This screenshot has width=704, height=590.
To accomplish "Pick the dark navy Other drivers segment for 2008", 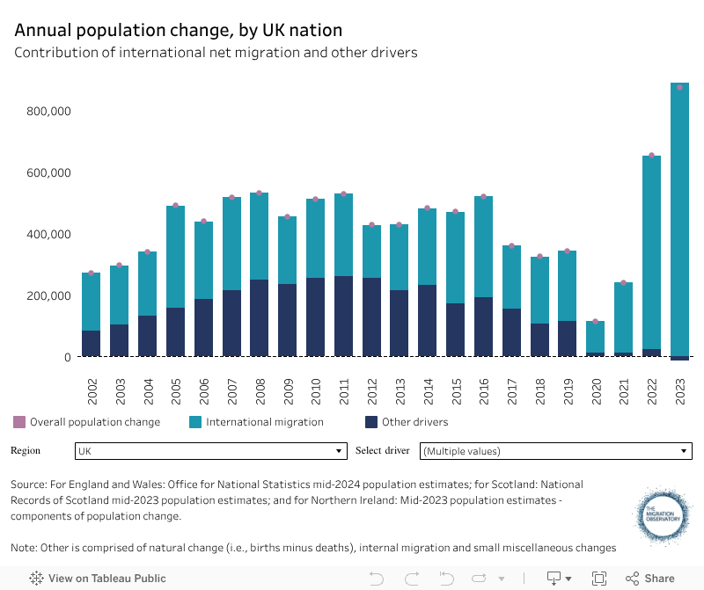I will pyautogui.click(x=259, y=318).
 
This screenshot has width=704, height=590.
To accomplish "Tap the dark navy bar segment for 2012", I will pyautogui.click(x=371, y=317).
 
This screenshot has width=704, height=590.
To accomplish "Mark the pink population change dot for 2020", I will pyautogui.click(x=596, y=322).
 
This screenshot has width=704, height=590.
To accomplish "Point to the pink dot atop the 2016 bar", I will pyautogui.click(x=483, y=196).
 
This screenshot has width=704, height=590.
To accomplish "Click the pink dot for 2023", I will pyautogui.click(x=679, y=87).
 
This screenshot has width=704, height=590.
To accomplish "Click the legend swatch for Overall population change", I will pyautogui.click(x=19, y=422).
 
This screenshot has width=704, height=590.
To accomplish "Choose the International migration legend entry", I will pyautogui.click(x=264, y=422).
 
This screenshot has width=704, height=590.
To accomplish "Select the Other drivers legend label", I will pyautogui.click(x=414, y=422).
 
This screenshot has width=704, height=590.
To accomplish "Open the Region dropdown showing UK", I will pyautogui.click(x=210, y=451).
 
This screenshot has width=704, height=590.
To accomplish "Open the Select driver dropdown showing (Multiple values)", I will pyautogui.click(x=555, y=451).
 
